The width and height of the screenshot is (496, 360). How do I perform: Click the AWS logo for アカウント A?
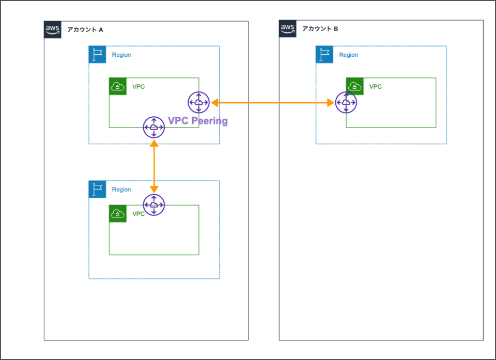[x=53, y=29]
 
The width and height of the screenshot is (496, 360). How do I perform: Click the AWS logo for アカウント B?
[x=288, y=29]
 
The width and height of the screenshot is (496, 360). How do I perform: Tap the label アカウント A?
[x=85, y=30]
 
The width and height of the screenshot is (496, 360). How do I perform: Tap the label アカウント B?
[x=320, y=29]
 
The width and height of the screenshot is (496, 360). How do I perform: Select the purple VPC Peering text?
[x=197, y=121]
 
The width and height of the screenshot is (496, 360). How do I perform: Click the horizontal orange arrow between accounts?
[x=272, y=103]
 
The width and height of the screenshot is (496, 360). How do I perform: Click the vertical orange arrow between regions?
[x=154, y=166]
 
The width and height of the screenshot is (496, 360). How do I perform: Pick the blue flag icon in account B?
[x=324, y=55]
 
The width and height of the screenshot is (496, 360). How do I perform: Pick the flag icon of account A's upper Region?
[x=97, y=55]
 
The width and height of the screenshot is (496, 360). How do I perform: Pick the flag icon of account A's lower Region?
[x=97, y=189]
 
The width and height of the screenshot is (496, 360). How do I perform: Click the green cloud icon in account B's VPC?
[x=355, y=86]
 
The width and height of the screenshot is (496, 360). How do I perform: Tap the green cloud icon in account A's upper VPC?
[x=118, y=86]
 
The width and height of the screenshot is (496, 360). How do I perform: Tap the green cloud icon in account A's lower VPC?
[x=118, y=214]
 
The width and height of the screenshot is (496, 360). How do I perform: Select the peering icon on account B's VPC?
[x=346, y=103]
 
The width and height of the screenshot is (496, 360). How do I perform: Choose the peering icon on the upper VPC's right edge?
[x=198, y=103]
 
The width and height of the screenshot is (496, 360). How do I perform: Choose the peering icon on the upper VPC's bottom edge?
[x=154, y=127]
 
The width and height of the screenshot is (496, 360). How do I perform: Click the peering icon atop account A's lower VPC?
[x=154, y=205]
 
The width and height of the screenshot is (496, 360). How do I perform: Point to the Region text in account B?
[x=348, y=55]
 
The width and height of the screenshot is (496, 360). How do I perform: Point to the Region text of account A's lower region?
[x=121, y=190]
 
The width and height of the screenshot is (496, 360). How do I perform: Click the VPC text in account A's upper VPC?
[x=138, y=86]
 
